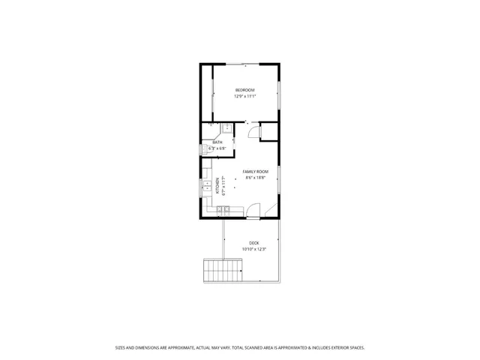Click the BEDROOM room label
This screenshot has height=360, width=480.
pyautogui.click(x=244, y=90)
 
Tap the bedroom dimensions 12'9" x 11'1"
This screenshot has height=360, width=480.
pyautogui.click(x=244, y=96)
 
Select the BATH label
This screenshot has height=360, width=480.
pyautogui.click(x=217, y=142)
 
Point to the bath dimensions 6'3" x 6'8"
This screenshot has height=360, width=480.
pyautogui.click(x=217, y=148)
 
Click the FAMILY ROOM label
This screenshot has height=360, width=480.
pyautogui.click(x=255, y=172)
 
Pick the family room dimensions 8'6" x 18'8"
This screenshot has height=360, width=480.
pyautogui.click(x=255, y=178)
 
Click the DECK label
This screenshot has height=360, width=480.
pyautogui.click(x=254, y=243)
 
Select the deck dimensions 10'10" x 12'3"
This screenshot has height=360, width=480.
pyautogui.click(x=254, y=249)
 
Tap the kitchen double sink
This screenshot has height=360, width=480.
pyautogui.click(x=204, y=186)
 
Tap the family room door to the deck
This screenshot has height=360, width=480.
pyautogui.click(x=253, y=211)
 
